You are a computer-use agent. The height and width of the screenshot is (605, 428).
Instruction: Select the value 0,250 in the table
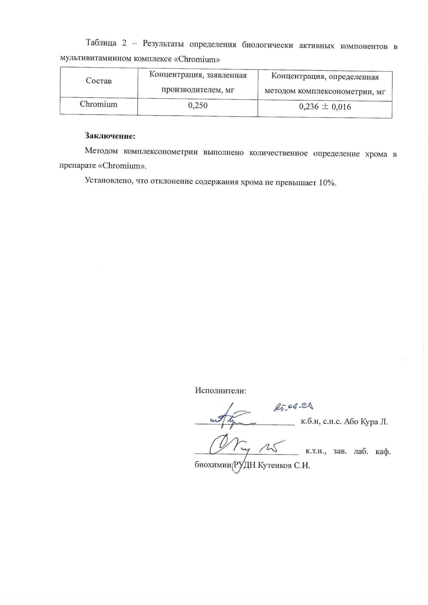tap(198, 106)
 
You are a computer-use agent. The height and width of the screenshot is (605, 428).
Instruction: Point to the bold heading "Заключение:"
tap(110, 136)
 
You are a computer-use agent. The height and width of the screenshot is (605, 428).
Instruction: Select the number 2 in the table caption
tap(124, 43)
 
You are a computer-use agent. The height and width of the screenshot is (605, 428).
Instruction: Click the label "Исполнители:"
tap(221, 391)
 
